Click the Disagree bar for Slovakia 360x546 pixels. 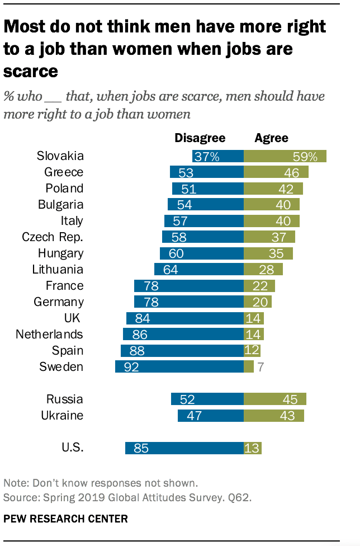(217, 156)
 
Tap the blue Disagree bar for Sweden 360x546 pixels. (179, 367)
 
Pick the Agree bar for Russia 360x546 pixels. (275, 399)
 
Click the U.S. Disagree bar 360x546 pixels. (184, 448)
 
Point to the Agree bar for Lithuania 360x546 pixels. (263, 270)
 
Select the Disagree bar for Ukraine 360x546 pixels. (211, 416)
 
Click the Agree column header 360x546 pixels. (271, 138)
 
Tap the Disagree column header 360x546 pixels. (200, 138)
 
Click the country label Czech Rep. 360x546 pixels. (53, 237)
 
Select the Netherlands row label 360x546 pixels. (49, 335)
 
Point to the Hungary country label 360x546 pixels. (60, 253)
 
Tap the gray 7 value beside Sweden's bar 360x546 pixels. (260, 368)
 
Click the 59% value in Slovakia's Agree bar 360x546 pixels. (305, 157)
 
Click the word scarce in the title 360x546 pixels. (31, 72)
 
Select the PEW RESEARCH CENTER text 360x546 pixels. (65, 519)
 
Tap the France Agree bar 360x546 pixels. (259, 286)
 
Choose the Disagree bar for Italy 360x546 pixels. (204, 221)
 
